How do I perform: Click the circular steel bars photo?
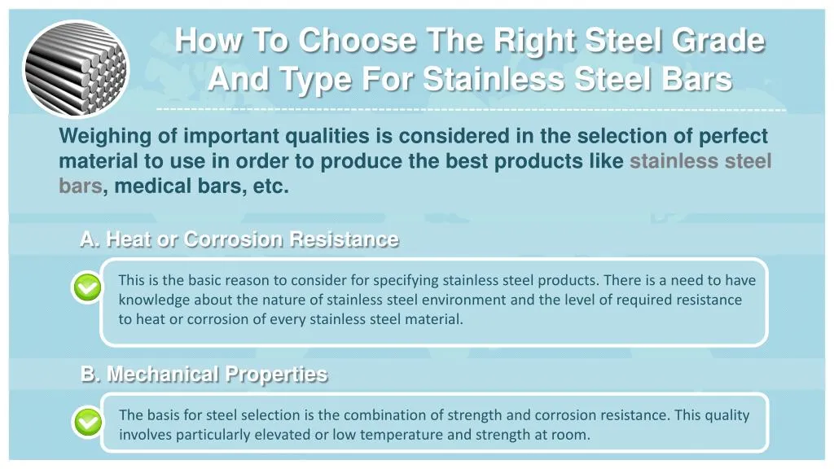pos(75,68)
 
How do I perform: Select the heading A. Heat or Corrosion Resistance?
pos(239,239)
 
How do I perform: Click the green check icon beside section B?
pos(87,423)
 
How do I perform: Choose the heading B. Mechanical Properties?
pos(204,375)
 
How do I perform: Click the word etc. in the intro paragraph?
pos(271,186)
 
